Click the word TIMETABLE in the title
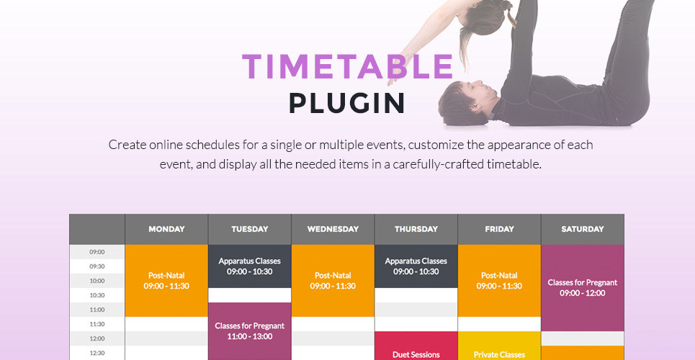pos(347,66)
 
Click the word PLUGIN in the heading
pos(347,103)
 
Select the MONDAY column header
pos(166,229)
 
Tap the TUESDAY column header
pos(249,229)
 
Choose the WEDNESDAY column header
pos(333,229)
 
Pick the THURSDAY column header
pos(416,229)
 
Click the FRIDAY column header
pos(499,229)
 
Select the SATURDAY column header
pos(583,229)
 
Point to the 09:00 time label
pos(97,252)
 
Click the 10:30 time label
pos(97,295)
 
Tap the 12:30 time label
pos(97,353)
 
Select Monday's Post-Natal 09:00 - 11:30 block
pos(166,281)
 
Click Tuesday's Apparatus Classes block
pos(249,266)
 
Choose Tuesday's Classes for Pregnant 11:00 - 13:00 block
pos(249,331)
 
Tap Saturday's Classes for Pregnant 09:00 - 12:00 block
pos(583,288)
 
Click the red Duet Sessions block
pos(416,346)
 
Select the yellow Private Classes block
pos(499,346)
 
